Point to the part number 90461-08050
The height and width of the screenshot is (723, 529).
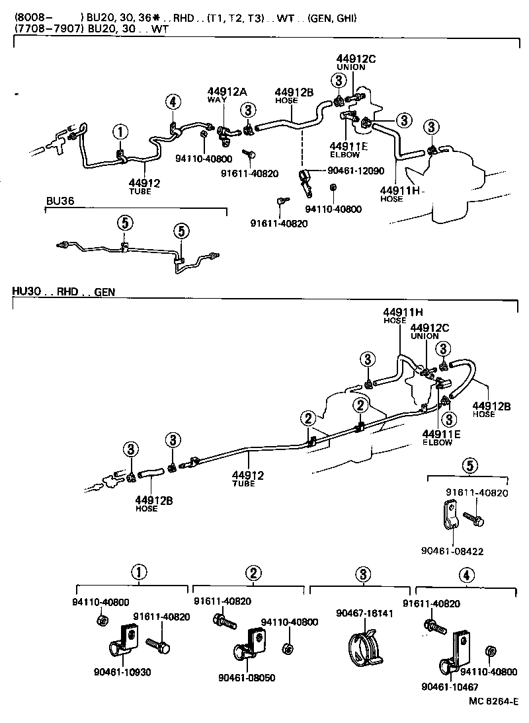(x=246, y=677)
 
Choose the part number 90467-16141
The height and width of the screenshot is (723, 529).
(x=364, y=613)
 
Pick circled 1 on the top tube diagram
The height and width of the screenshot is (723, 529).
(x=120, y=132)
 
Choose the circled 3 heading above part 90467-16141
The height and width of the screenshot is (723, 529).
(x=362, y=574)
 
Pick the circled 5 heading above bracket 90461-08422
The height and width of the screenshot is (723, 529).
(x=468, y=465)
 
